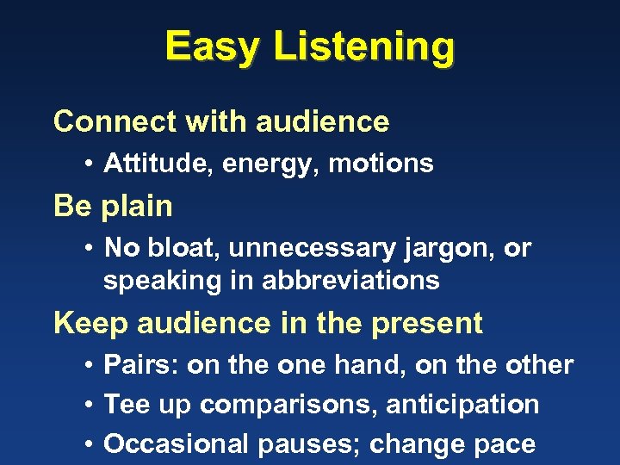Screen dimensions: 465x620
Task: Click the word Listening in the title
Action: [x=363, y=48]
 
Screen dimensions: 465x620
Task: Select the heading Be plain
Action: [x=113, y=207]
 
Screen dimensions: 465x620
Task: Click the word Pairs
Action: [x=140, y=364]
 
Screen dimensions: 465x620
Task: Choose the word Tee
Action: [x=125, y=404]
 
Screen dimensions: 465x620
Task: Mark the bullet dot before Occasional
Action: [x=90, y=444]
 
